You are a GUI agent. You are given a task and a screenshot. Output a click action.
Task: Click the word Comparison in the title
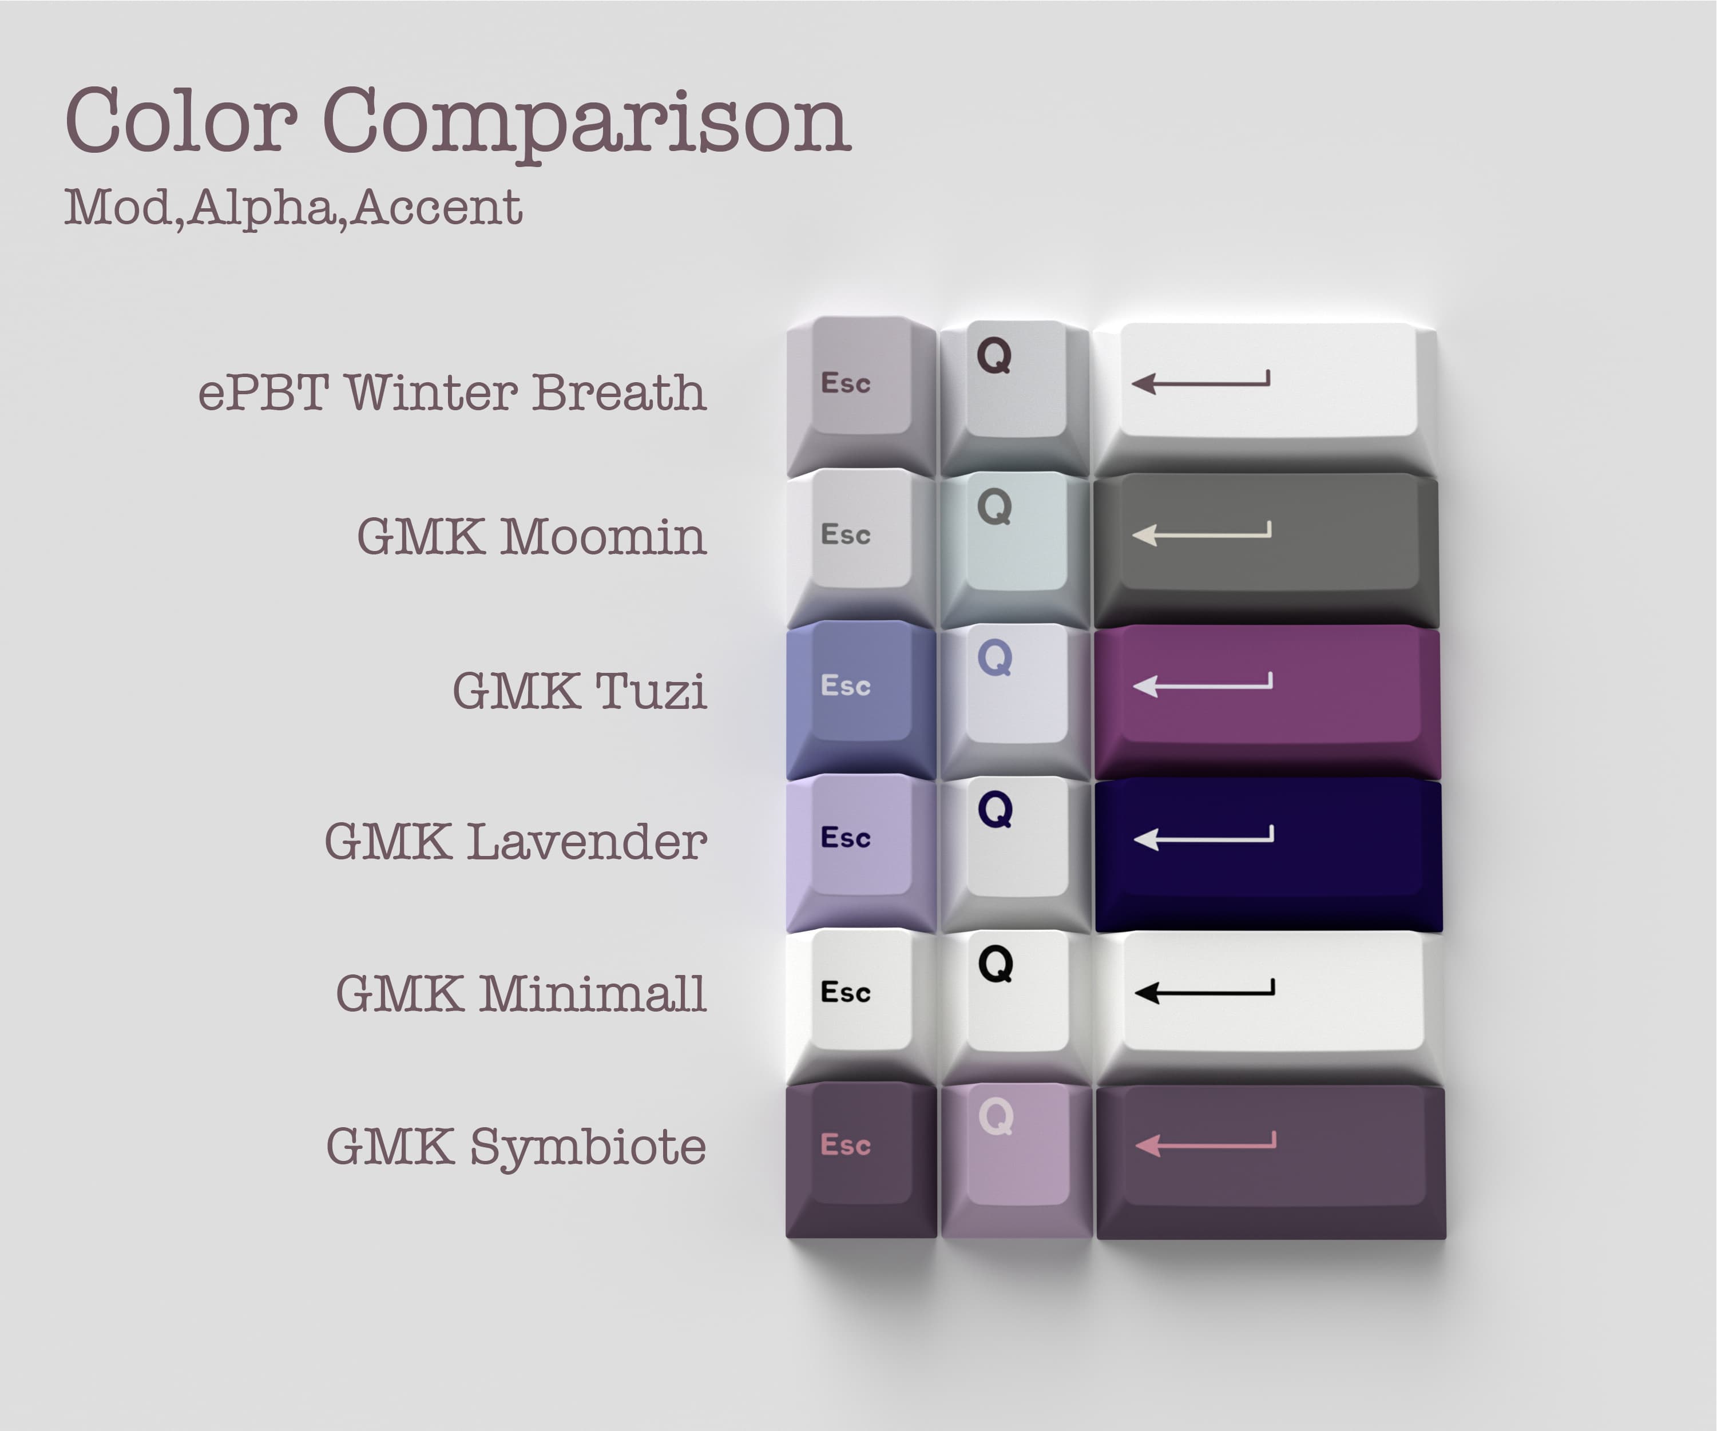tap(587, 121)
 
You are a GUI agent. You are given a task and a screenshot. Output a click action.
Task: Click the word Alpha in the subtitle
tap(261, 207)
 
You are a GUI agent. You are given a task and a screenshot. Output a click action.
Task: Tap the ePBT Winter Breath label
tap(452, 392)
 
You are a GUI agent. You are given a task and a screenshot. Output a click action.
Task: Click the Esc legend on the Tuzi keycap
tap(846, 685)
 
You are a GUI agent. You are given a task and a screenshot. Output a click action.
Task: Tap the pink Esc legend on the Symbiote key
tap(846, 1145)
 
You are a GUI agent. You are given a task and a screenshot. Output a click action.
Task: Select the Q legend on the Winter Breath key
tap(994, 356)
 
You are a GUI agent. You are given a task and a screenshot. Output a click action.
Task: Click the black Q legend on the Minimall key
tap(996, 964)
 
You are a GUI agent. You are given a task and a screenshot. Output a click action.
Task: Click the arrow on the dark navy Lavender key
tap(1203, 837)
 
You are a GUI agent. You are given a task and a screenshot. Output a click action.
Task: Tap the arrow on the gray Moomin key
tap(1201, 532)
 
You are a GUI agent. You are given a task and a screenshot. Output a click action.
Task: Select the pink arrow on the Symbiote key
tap(1205, 1143)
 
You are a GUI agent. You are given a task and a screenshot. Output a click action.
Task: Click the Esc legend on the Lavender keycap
tap(846, 837)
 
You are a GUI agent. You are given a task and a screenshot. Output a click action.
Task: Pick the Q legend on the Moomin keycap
tap(994, 507)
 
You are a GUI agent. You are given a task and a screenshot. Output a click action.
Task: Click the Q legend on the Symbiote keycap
tap(996, 1116)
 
